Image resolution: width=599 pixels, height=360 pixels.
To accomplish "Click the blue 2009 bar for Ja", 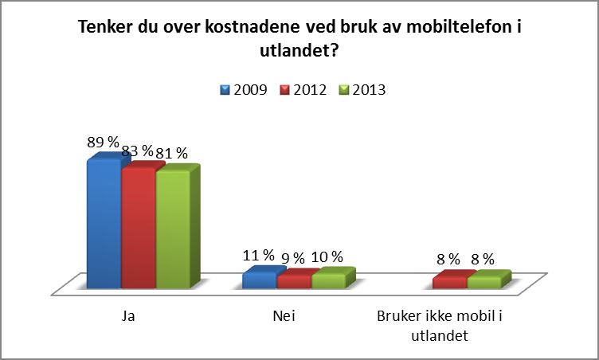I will tap(104, 225).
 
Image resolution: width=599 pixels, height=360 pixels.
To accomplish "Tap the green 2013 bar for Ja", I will tap(173, 230).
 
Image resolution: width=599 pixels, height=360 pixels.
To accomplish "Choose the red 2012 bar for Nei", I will tap(294, 282).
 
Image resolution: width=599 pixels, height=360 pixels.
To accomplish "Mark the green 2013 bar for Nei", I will tap(329, 281).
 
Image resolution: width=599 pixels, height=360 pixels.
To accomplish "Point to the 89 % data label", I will tap(103, 142).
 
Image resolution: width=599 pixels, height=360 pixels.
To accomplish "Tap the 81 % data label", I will tap(171, 154).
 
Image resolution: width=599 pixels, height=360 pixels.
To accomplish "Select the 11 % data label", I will tap(258, 255).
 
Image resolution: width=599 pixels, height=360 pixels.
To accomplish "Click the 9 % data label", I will tap(292, 258).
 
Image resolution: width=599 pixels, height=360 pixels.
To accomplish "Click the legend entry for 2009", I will tap(244, 90).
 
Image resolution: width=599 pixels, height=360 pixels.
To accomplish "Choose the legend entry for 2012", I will tap(303, 90).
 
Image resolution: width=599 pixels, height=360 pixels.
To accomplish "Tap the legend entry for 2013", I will tap(363, 90).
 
